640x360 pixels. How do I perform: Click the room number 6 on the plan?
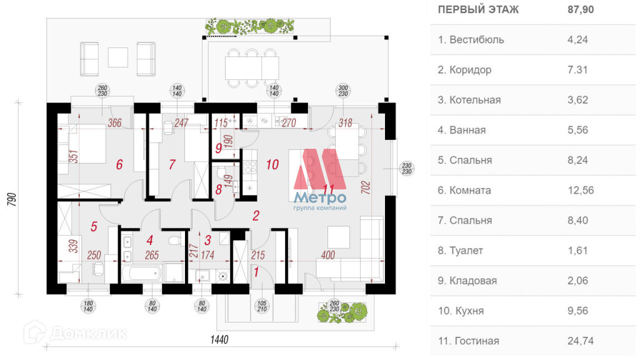click(x=119, y=165)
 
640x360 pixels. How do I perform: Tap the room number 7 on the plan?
click(x=172, y=165)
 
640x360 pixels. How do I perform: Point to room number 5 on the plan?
click(x=94, y=226)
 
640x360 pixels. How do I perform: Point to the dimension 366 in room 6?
click(x=114, y=123)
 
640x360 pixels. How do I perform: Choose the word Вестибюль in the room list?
click(x=476, y=40)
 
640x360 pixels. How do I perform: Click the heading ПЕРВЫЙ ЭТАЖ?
click(x=477, y=9)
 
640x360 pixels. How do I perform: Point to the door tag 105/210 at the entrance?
click(x=262, y=306)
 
